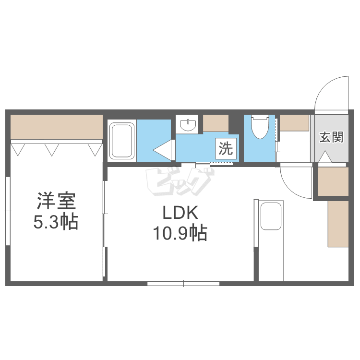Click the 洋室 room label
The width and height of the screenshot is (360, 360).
pyautogui.click(x=57, y=201)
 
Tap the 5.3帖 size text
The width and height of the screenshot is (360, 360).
pyautogui.click(x=56, y=222)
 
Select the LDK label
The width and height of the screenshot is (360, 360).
pyautogui.click(x=180, y=213)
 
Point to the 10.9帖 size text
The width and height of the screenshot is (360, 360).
pyautogui.click(x=180, y=233)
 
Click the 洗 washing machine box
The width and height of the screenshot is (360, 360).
pyautogui.click(x=225, y=148)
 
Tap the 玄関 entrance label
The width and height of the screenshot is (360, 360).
pyautogui.click(x=332, y=137)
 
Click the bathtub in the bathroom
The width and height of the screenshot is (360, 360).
pyautogui.click(x=122, y=141)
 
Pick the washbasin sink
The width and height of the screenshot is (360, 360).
pyautogui.click(x=188, y=125)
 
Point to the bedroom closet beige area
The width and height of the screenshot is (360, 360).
pyautogui.click(x=56, y=127)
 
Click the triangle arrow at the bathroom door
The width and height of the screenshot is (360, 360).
pyautogui.click(x=163, y=150)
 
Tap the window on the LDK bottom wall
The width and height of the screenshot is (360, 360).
pyautogui.click(x=184, y=283)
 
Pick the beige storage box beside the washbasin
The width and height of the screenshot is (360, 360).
pyautogui.click(x=216, y=123)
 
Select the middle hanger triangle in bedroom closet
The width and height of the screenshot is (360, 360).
pyautogui.click(x=51, y=150)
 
